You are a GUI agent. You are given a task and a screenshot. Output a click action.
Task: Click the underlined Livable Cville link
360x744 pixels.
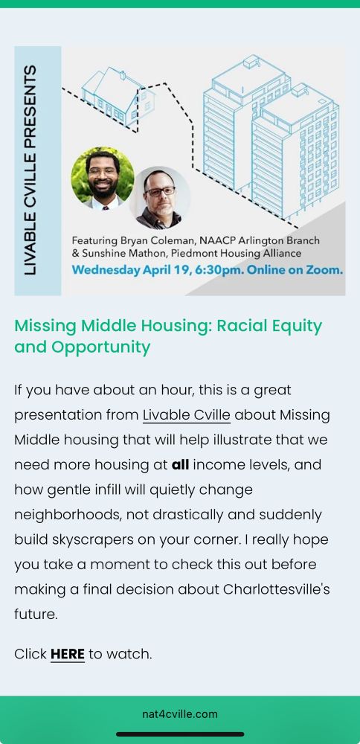(x=187, y=415)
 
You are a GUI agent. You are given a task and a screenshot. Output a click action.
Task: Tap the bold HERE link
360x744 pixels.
(x=68, y=654)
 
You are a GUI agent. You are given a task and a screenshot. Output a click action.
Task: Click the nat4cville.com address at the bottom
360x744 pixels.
(x=180, y=713)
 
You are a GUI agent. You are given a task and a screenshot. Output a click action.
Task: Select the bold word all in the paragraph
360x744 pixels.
(x=180, y=464)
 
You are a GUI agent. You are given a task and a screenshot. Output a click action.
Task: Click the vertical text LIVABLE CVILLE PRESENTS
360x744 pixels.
(x=30, y=170)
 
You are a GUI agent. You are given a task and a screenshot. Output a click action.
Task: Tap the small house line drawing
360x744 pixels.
(x=118, y=96)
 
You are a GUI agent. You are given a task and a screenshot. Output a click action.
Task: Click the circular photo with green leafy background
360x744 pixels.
(x=103, y=178)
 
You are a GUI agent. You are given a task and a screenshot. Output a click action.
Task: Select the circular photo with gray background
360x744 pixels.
(x=160, y=197)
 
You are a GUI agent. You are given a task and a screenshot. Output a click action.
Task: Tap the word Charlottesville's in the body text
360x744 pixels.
(x=276, y=589)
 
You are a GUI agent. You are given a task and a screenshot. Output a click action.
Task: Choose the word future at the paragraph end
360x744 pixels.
(x=36, y=615)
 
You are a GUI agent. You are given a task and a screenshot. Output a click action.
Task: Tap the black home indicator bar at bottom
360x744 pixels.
(x=180, y=734)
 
